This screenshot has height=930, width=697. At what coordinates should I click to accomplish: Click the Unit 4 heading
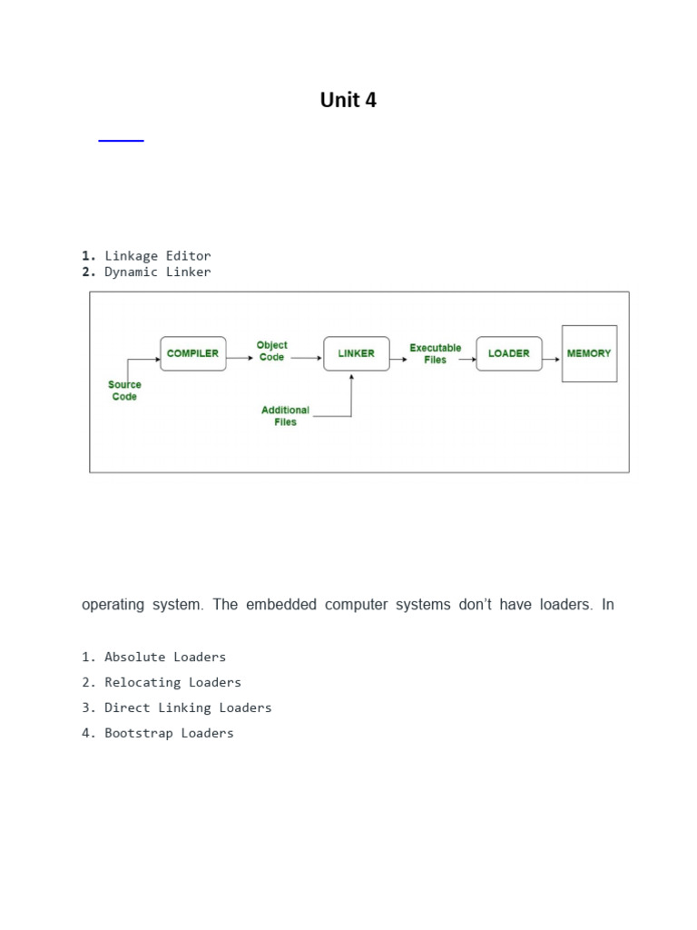pos(348,101)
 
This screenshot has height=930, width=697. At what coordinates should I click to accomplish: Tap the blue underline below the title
pos(121,141)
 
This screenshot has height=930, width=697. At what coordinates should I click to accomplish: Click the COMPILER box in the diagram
pos(192,353)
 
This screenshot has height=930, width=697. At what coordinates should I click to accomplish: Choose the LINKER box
pos(356,353)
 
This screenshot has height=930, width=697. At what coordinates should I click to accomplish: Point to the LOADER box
pos(508,353)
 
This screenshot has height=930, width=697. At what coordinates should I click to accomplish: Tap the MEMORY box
pos(589,353)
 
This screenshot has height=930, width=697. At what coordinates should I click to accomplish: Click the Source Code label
pos(124,391)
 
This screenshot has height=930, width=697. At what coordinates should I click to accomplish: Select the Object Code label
pos(271,351)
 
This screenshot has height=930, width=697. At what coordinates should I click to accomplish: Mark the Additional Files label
pos(285,416)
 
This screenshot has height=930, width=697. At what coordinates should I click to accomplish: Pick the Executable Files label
pos(435,353)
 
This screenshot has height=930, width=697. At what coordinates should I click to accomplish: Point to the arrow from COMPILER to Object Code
pos(240,357)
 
